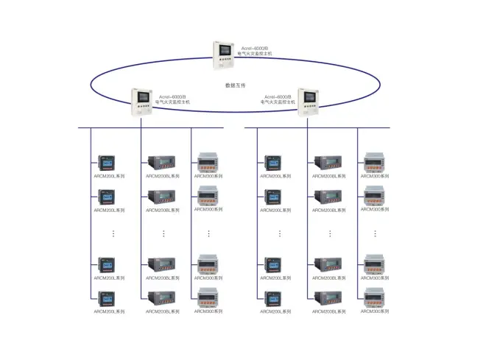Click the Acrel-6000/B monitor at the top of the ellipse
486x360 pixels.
point(225,54)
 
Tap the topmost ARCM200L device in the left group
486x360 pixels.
point(107,163)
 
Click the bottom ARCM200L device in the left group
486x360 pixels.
point(107,299)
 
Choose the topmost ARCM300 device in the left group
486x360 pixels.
point(208,163)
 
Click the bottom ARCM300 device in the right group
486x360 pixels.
point(374,297)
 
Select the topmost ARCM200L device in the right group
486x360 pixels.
point(273,163)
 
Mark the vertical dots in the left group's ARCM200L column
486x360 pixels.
point(113,233)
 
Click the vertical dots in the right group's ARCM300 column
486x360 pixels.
point(375,233)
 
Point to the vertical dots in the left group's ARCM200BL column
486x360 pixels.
point(163,233)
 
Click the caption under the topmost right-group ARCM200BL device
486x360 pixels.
point(328,177)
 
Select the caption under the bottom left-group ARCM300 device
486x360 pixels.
point(208,312)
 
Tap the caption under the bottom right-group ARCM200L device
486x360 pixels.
point(276,312)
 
